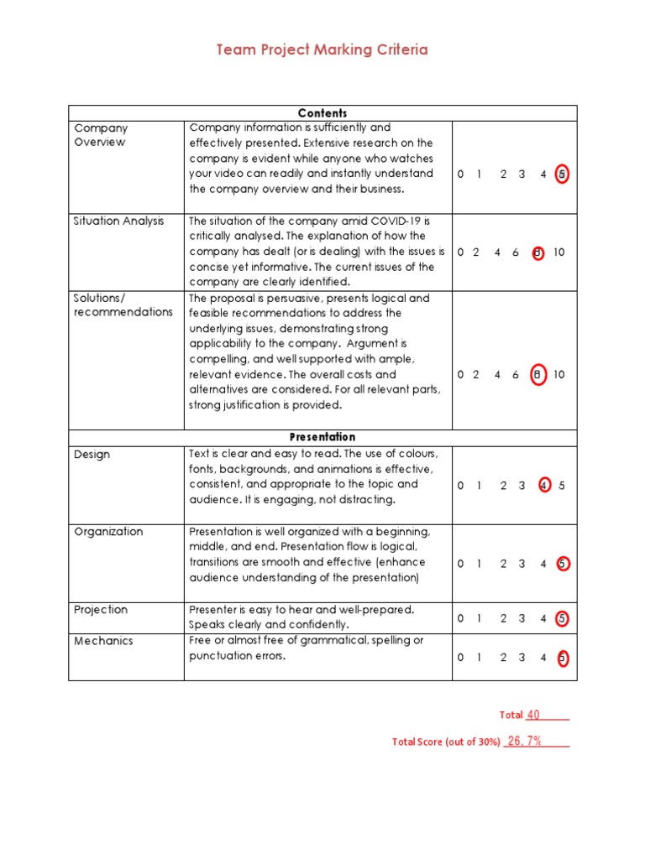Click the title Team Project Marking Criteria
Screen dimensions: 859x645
pyautogui.click(x=322, y=49)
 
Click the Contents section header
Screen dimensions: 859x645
pyautogui.click(x=322, y=113)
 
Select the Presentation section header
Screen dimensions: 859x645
pyautogui.click(x=322, y=437)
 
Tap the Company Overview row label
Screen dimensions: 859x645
pyautogui.click(x=101, y=135)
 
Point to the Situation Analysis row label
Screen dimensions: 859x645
pyautogui.click(x=119, y=221)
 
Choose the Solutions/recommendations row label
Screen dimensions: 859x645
pyautogui.click(x=123, y=305)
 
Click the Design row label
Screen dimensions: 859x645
pyautogui.click(x=92, y=455)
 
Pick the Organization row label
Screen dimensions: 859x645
pyautogui.click(x=108, y=532)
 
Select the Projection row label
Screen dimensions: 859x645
pyautogui.click(x=102, y=610)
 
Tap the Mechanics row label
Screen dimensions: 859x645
pyautogui.click(x=103, y=641)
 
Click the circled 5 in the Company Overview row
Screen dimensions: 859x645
pyautogui.click(x=562, y=174)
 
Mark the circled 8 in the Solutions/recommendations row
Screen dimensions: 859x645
pyautogui.click(x=537, y=375)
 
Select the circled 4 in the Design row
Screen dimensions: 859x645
pyautogui.click(x=544, y=486)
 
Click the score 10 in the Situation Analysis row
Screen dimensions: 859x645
pyautogui.click(x=559, y=252)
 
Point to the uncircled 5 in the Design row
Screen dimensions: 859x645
pyautogui.click(x=562, y=486)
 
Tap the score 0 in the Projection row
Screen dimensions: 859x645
pyautogui.click(x=460, y=619)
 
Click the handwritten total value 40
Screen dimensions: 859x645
pyautogui.click(x=533, y=715)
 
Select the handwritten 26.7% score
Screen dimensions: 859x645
pyautogui.click(x=525, y=741)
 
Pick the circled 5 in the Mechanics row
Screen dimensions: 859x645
pyautogui.click(x=562, y=658)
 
